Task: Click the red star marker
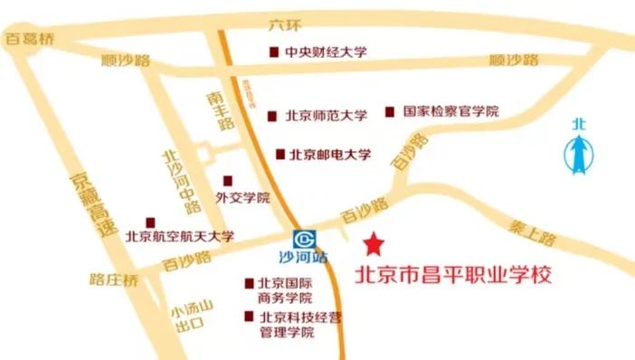[372, 243]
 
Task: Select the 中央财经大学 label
[325, 53]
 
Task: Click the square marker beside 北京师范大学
[273, 116]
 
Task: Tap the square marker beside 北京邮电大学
[280, 155]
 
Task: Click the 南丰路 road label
[215, 109]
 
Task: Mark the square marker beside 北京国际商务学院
[248, 283]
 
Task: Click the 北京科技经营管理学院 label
[289, 324]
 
